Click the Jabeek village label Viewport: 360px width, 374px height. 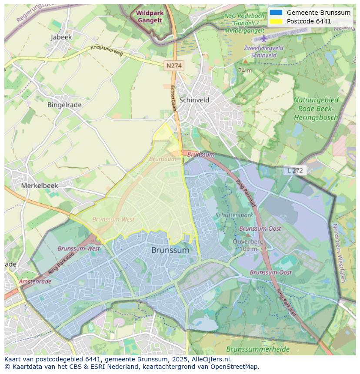click(x=61, y=37)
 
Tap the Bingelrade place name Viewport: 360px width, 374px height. click(x=64, y=105)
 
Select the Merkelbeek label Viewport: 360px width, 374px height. click(x=40, y=185)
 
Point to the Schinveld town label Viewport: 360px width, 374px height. click(x=194, y=100)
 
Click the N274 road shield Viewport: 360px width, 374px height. click(x=174, y=66)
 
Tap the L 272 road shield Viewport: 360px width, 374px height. click(x=295, y=170)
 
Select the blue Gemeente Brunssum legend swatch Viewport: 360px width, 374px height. click(x=276, y=13)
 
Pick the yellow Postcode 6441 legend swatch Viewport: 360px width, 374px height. click(x=276, y=21)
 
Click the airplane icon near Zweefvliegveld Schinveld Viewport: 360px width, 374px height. click(x=263, y=38)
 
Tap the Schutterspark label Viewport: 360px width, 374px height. click(x=234, y=215)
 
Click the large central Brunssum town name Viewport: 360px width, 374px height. click(x=170, y=250)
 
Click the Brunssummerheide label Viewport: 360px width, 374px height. click(x=252, y=349)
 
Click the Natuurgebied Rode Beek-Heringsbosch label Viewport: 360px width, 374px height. click(x=316, y=109)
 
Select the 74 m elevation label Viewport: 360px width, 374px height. click(x=245, y=70)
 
